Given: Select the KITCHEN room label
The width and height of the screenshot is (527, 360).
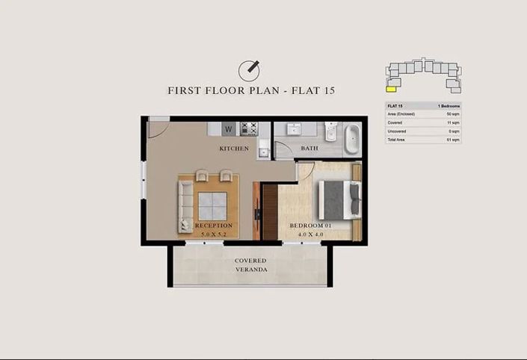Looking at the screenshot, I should [234, 149].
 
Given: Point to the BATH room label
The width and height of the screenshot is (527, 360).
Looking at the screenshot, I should [309, 148].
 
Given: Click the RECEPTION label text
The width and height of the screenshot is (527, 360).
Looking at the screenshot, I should [214, 226].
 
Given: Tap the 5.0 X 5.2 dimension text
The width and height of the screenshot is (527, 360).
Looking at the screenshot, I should [214, 235].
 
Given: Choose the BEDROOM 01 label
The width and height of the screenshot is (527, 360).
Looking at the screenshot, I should [310, 226].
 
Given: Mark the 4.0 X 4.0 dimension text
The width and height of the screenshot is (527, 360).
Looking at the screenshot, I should [310, 235].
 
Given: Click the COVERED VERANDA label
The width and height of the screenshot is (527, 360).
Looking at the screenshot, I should [251, 265].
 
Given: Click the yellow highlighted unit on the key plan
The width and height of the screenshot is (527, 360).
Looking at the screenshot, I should [391, 86].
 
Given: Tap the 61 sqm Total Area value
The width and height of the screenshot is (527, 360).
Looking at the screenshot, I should [452, 140].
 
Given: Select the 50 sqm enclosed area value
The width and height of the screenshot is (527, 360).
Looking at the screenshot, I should [452, 114].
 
